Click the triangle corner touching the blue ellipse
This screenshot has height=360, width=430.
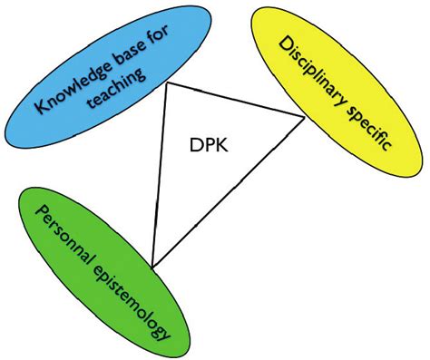(167, 85)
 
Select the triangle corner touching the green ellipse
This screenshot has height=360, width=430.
(152, 266)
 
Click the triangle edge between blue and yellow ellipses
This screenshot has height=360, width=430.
(236, 101)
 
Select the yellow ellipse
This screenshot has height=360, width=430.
(363, 54)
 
